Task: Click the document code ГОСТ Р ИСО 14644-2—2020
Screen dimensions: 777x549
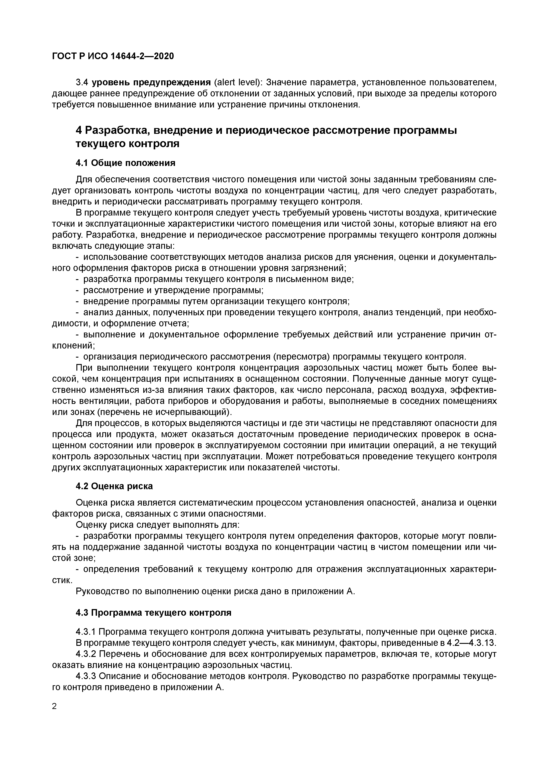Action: click(x=113, y=56)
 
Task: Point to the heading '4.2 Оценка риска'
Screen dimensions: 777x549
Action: click(x=114, y=486)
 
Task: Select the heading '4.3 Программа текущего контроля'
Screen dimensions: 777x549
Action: click(x=153, y=613)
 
